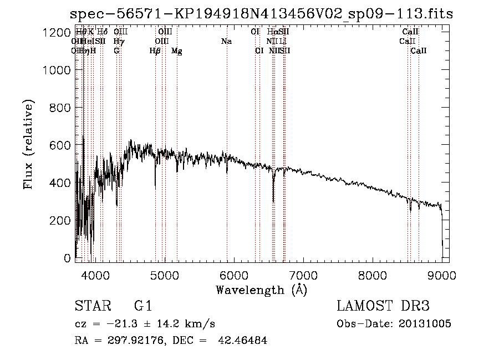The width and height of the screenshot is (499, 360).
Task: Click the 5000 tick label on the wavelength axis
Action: pyautogui.click(x=165, y=275)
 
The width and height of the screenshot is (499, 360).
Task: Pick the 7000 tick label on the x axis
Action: pyautogui.click(x=303, y=275)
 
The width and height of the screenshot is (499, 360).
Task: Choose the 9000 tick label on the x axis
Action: pyautogui.click(x=442, y=275)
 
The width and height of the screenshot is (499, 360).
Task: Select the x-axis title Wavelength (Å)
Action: pyautogui.click(x=261, y=290)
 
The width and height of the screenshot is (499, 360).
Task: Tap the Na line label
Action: pyautogui.click(x=226, y=42)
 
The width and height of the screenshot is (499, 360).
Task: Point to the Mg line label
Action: pyautogui.click(x=176, y=51)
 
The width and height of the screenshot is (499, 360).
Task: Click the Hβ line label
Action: pyautogui.click(x=155, y=51)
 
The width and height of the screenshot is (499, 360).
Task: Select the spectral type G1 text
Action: pyautogui.click(x=142, y=306)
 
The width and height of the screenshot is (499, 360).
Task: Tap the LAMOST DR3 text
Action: pyautogui.click(x=383, y=306)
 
